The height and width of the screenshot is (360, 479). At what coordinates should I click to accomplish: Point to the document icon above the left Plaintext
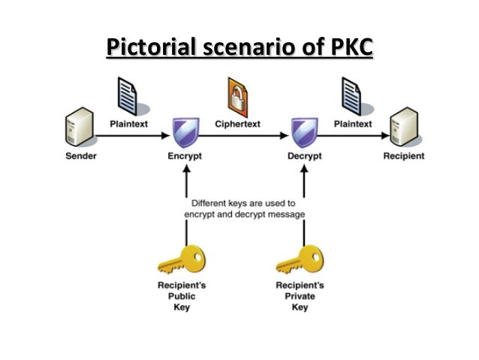(125, 96)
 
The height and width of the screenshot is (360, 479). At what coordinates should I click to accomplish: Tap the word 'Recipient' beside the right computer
(403, 157)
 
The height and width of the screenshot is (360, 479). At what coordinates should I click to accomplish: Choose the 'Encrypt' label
(185, 157)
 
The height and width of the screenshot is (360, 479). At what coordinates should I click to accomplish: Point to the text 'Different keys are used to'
(245, 203)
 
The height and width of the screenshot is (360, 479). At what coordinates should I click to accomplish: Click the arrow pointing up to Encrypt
(185, 184)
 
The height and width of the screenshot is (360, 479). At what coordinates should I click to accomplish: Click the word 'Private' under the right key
(300, 296)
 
